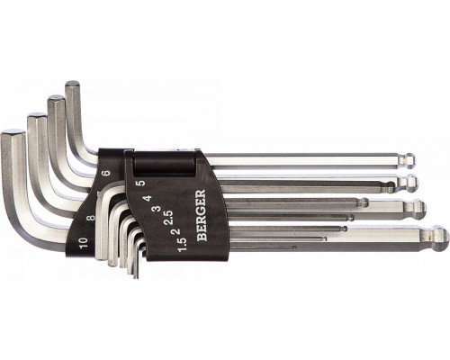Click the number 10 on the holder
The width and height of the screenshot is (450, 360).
pos(84,242)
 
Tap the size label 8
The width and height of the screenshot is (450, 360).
pos(90,217)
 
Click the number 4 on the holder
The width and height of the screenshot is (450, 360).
pos(148,199)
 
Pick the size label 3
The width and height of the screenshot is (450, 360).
pos(156,208)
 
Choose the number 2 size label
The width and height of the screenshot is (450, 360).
pos(176,231)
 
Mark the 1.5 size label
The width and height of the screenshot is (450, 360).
pos(183,245)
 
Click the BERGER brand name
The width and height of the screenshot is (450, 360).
pos(202,215)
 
